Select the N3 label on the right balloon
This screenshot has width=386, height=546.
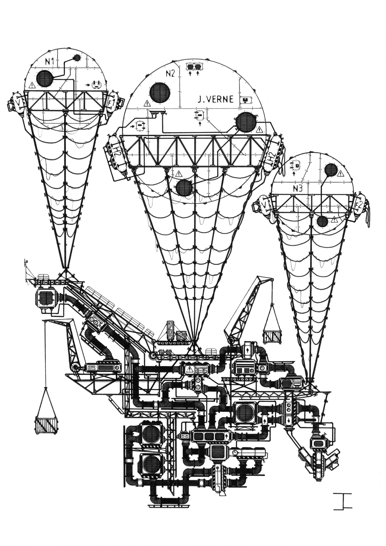click(298, 189)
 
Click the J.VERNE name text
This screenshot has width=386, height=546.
click(216, 99)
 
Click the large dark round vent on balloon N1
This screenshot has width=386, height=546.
click(45, 79)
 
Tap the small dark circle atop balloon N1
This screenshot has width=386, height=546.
click(77, 58)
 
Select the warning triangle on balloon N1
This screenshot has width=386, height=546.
click(32, 85)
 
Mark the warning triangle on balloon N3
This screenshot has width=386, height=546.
click(334, 219)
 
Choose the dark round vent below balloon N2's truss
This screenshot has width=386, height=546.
click(184, 188)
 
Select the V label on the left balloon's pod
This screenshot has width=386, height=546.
click(18, 103)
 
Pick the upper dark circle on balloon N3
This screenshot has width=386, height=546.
click(331, 170)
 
